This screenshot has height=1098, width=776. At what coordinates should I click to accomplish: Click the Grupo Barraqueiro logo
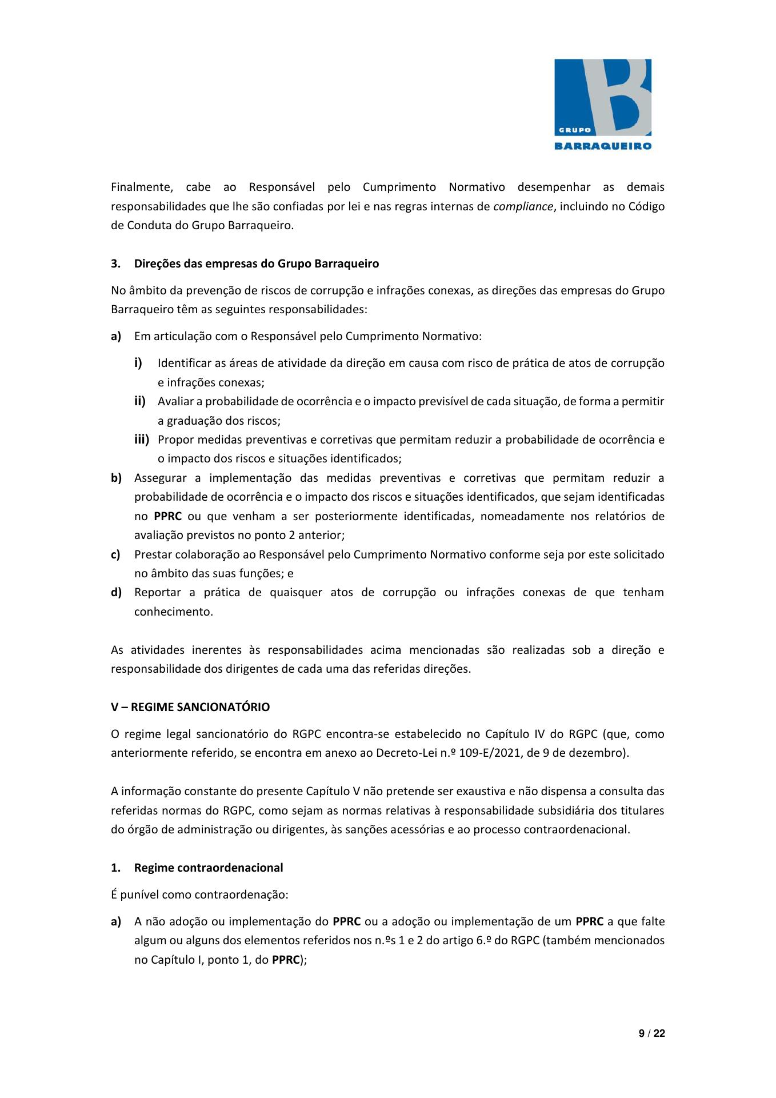[x=602, y=104]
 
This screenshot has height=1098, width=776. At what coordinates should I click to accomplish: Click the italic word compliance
[x=523, y=206]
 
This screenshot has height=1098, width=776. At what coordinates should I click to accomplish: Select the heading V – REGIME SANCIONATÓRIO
[x=190, y=707]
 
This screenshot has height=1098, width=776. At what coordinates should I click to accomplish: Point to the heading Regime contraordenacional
[x=209, y=868]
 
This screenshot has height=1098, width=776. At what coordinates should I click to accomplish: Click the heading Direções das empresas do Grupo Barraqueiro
[x=257, y=264]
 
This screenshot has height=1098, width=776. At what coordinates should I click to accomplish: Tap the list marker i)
[x=138, y=363]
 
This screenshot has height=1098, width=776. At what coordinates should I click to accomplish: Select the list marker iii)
[x=142, y=440]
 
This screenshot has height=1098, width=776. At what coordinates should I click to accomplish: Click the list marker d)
[x=117, y=592]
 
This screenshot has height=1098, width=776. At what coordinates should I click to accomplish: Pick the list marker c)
[x=116, y=554]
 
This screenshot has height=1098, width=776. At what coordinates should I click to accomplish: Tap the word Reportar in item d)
[x=158, y=592]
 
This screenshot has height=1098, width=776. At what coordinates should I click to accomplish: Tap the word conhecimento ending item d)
[x=173, y=612]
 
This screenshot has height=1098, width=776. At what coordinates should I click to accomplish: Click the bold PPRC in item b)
[x=168, y=516]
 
